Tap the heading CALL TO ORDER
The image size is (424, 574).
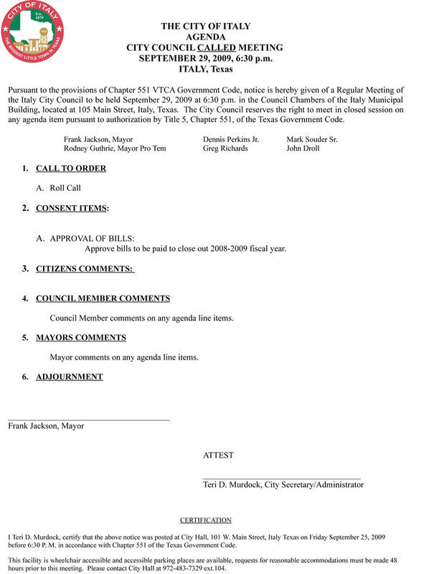[x=70, y=169]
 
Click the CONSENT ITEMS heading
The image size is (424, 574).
[x=72, y=208]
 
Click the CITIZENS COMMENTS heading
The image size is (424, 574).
[x=85, y=269]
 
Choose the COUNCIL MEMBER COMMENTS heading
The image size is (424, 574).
[x=103, y=298]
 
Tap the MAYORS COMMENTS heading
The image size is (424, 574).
[x=80, y=337]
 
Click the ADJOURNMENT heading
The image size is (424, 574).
[x=69, y=377]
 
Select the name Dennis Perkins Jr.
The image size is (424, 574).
[x=231, y=138]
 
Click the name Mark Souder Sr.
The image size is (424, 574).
[x=312, y=138]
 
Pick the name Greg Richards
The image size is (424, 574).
[x=225, y=149]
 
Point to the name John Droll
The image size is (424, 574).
[x=303, y=149]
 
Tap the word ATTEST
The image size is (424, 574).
[x=218, y=455]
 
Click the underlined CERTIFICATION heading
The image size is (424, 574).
[x=206, y=520]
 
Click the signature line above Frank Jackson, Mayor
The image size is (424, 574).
[x=89, y=419]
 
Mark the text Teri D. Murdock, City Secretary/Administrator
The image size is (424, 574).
[x=283, y=485]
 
